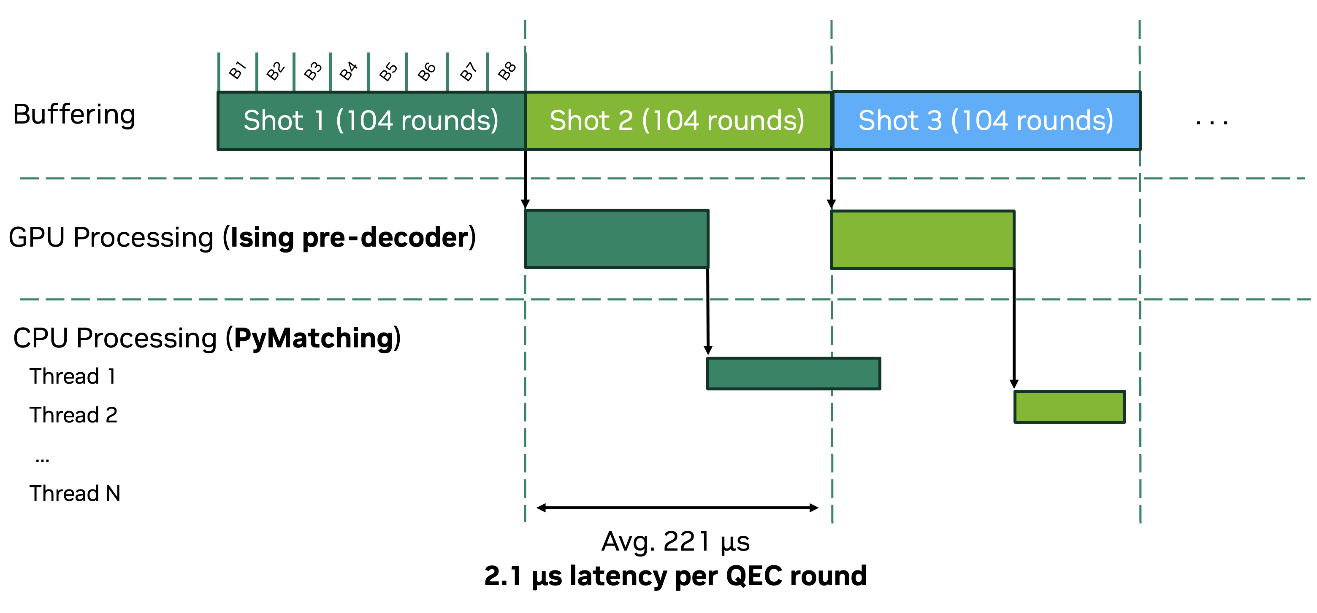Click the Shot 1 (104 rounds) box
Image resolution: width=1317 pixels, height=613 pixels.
(371, 121)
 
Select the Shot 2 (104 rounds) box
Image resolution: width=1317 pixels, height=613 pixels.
(677, 121)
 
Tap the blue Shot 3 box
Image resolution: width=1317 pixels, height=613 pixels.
(986, 121)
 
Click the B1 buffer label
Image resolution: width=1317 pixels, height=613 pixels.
(237, 70)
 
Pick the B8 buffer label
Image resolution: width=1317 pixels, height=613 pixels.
(507, 71)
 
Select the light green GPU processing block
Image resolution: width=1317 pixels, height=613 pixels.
(922, 239)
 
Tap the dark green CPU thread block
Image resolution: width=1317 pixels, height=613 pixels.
(793, 374)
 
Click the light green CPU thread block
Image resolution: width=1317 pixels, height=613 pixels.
(1069, 406)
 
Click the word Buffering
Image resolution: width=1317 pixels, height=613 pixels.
(74, 114)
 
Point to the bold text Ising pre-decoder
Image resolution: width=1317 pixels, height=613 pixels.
(349, 237)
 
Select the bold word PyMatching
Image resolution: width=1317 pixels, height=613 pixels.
(313, 338)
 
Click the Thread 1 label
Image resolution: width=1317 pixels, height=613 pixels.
(73, 376)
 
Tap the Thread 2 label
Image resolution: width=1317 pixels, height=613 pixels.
(73, 415)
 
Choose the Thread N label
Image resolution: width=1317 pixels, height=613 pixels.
(75, 493)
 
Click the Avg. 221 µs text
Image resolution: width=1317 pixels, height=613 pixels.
(675, 541)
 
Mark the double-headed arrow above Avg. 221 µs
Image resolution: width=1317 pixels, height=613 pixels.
(677, 507)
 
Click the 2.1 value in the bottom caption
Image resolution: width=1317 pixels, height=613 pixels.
(503, 576)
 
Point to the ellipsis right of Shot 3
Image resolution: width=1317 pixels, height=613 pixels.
(1211, 123)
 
